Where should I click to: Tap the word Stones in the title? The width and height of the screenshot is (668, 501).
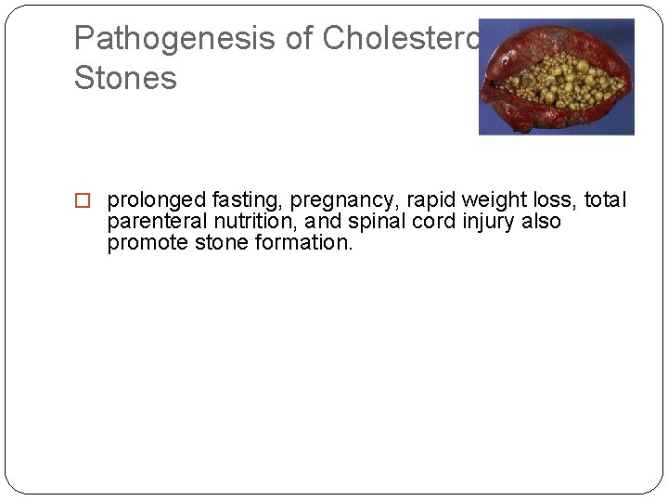[125, 78]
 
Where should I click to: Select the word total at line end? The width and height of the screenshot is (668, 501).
[606, 200]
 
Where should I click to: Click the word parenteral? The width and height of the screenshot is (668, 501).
[155, 223]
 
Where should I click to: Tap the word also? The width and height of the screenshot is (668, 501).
[542, 223]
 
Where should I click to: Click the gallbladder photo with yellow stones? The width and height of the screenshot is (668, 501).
[556, 77]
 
